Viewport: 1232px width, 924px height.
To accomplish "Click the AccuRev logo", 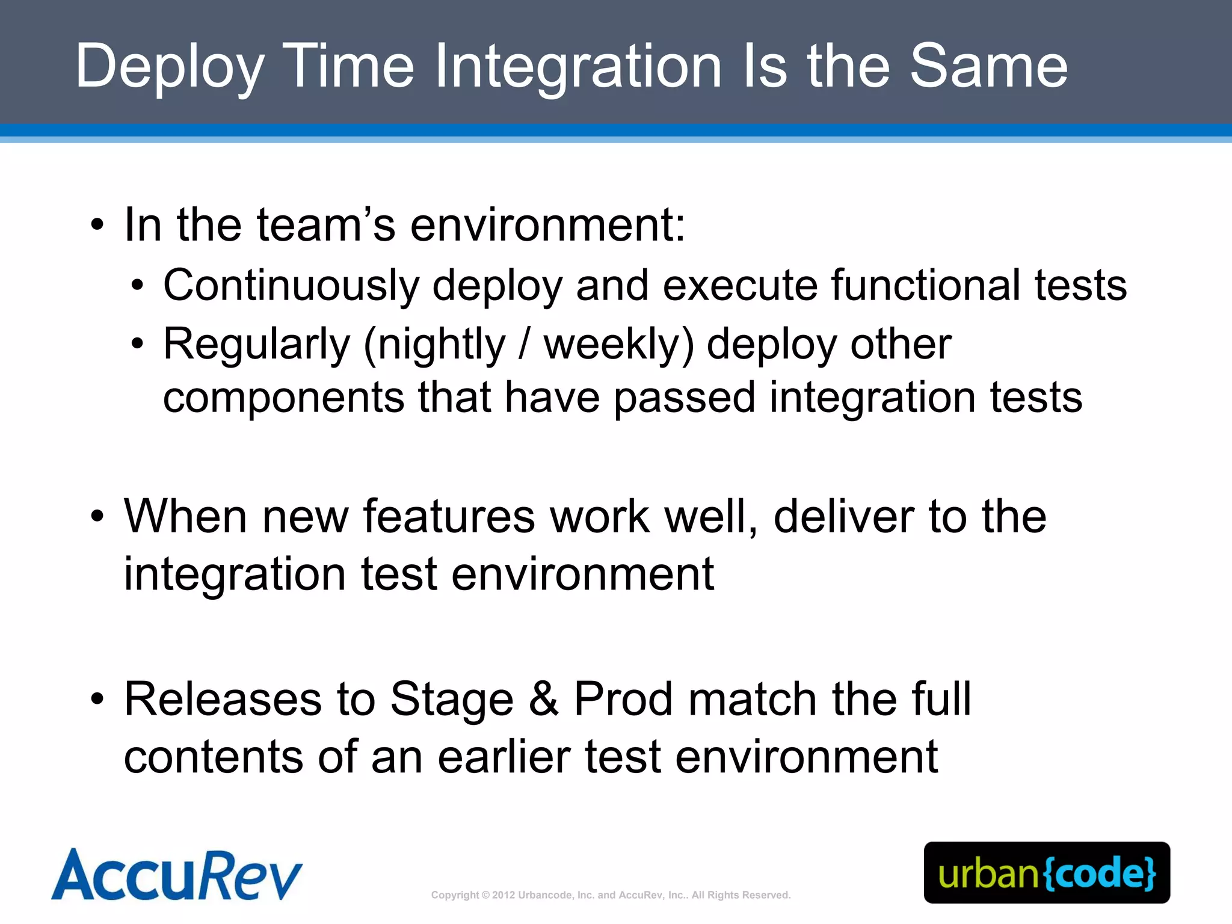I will click(x=176, y=875).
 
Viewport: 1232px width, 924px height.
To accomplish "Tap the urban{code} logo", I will click(x=1047, y=873).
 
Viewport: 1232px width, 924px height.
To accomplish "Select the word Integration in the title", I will click(x=577, y=67).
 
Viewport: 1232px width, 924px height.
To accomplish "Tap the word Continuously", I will click(x=291, y=285).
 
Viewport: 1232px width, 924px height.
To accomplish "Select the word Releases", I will click(x=223, y=700).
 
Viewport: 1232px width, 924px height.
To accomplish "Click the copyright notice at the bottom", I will click(x=611, y=895).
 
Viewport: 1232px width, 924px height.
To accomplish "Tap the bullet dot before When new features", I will click(x=97, y=517).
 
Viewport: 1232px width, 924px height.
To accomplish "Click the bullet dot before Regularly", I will click(x=138, y=345).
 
